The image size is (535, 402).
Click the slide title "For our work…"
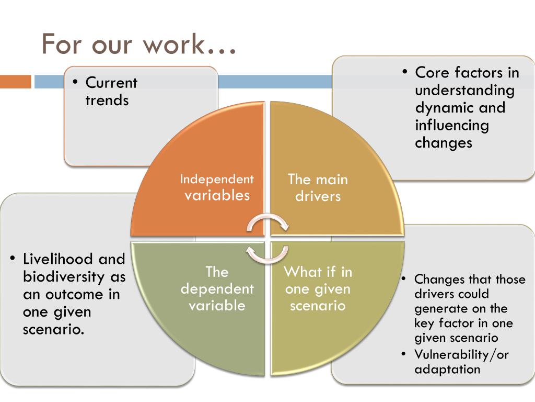138,44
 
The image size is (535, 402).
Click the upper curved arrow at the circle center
267,223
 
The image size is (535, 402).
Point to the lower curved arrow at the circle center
267,253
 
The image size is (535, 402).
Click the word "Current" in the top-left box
111,83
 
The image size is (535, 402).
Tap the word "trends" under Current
107,100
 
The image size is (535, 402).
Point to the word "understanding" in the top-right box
464,90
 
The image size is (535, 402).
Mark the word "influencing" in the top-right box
452,125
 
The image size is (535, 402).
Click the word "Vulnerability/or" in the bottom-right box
461,354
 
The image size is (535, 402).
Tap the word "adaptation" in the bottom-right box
447,369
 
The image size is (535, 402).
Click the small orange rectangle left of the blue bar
16,82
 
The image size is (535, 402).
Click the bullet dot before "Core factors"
405,71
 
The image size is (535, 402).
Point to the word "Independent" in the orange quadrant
217,179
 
